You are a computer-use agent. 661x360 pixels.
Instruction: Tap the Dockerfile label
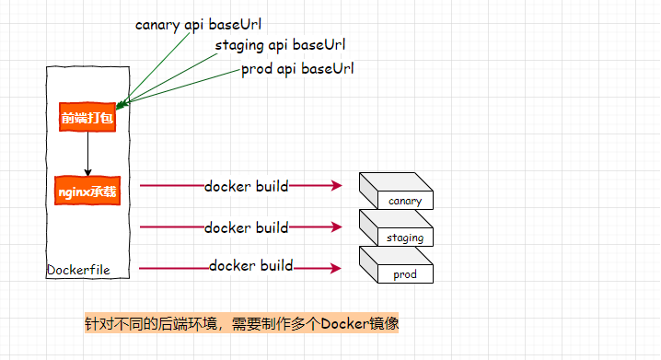[78, 270]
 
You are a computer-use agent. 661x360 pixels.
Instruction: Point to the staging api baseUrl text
[280, 45]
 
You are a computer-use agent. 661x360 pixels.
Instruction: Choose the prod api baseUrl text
[297, 69]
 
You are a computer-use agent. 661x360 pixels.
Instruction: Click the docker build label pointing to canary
[247, 186]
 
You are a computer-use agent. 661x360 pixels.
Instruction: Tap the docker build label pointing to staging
[247, 227]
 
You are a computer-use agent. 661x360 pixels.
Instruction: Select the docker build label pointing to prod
[250, 266]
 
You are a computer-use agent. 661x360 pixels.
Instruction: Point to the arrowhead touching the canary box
[337, 186]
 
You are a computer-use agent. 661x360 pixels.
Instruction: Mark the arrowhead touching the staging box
[337, 227]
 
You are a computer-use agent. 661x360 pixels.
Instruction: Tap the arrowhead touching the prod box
[337, 268]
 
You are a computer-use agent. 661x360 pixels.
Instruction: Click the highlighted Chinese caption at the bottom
[241, 323]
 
